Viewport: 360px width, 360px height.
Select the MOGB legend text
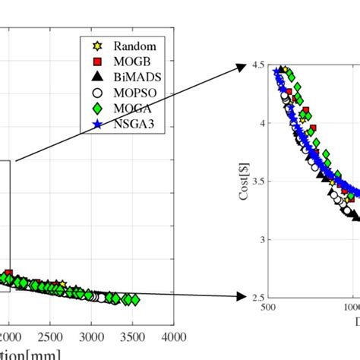(128, 60)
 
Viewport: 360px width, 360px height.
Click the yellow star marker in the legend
(96, 45)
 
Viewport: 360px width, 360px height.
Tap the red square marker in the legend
(96, 60)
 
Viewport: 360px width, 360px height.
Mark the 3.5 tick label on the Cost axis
(257, 182)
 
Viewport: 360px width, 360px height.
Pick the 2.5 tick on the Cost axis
(257, 298)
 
